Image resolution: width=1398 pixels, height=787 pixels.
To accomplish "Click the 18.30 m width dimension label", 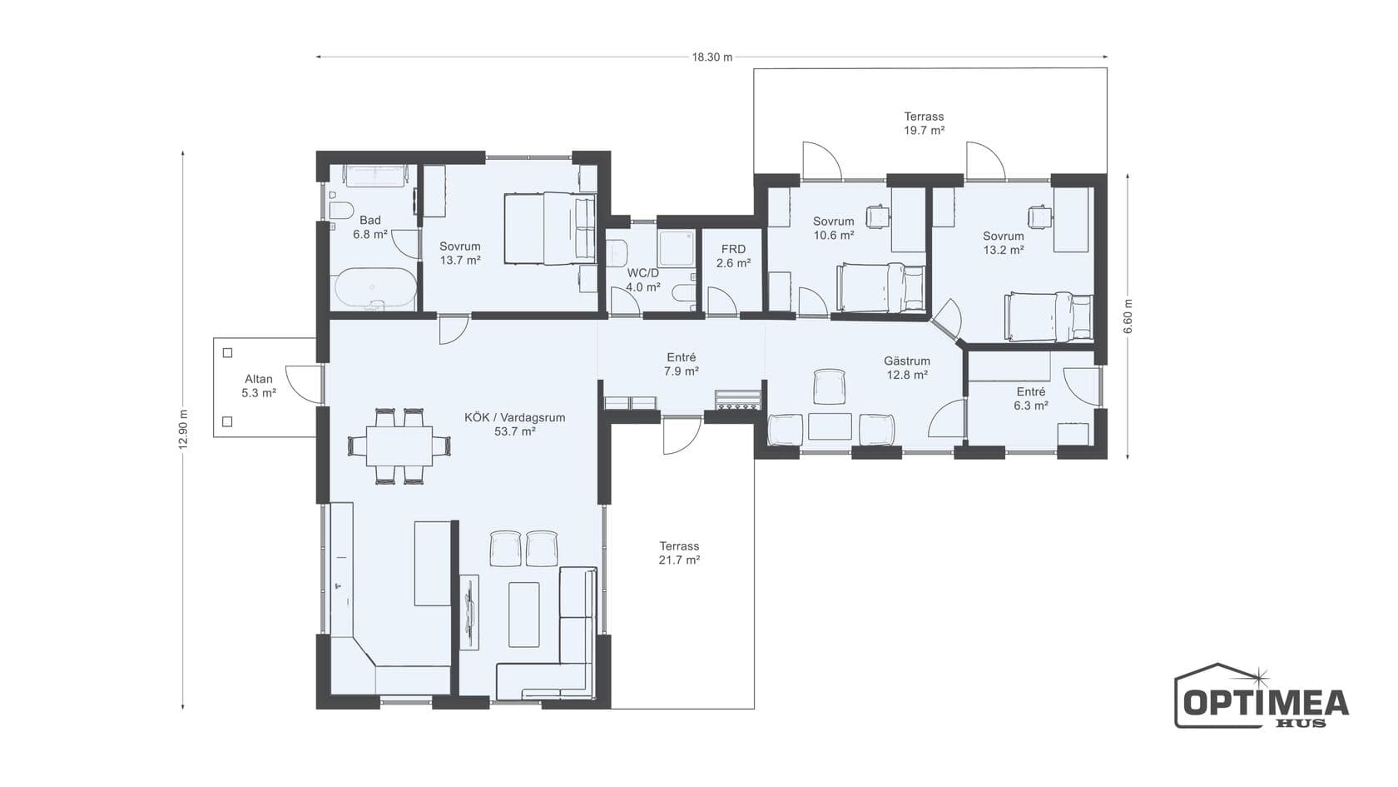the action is coord(712,57).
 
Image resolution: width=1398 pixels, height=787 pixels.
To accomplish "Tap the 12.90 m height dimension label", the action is coord(183,430).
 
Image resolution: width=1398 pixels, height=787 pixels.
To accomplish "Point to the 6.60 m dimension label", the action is coord(1128,316).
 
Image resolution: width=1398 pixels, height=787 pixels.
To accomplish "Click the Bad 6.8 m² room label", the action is coord(370,227).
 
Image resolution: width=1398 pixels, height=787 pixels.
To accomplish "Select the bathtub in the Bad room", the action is coord(376,288).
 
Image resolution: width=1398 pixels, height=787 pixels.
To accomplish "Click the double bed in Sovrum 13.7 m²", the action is coord(550,228).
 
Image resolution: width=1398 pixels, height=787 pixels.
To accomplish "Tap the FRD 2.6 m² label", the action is coord(733,257).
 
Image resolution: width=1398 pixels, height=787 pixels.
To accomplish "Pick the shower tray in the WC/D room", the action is coord(677,248).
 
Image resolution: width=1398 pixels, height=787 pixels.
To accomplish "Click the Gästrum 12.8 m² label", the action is coord(907,368).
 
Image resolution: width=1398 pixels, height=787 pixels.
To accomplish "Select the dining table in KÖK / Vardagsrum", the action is coord(399,446).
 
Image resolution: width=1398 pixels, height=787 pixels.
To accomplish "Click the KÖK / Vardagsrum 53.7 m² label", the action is coord(515,424).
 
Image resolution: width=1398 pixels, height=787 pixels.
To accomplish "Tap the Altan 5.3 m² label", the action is coord(258,386).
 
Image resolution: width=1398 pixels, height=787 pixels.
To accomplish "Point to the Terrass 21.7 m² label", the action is coord(679,553).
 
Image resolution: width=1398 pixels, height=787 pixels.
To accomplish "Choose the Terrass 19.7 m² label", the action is coord(925,123).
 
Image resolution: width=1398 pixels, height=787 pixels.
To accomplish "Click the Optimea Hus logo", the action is coord(1262,696).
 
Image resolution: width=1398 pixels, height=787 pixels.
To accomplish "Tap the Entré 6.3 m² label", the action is coord(1031,398).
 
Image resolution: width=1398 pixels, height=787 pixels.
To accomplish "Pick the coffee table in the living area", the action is coord(523,615).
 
